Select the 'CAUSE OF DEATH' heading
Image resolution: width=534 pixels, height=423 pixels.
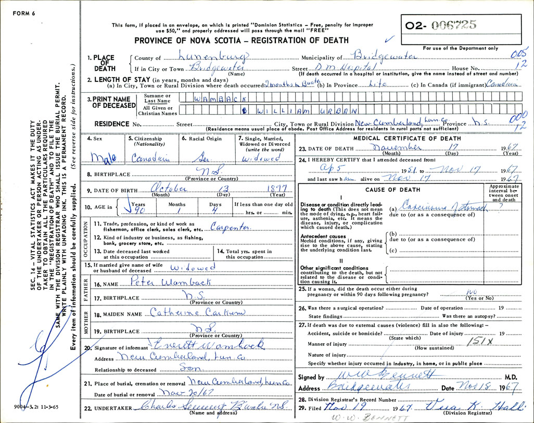390,190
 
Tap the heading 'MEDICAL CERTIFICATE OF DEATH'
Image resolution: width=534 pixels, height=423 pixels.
408,138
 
